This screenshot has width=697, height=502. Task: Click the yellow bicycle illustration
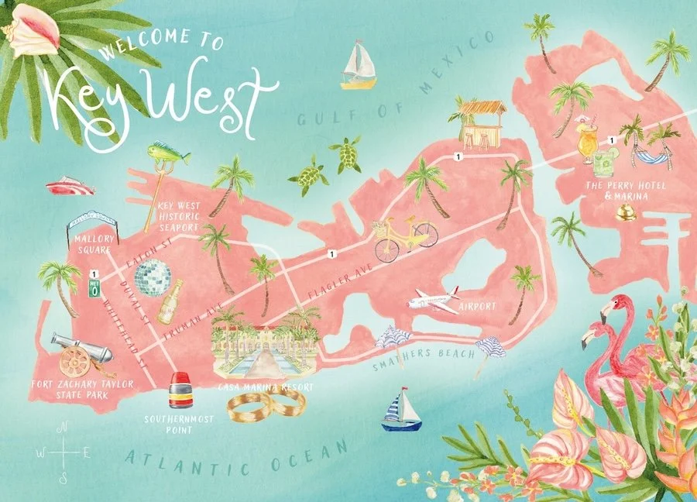[x=406, y=236]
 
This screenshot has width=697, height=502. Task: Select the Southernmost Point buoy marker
[x=180, y=391]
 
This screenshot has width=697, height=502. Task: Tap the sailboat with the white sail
[x=359, y=65]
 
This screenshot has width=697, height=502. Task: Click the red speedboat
[x=69, y=187]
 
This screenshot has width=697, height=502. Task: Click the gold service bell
[x=626, y=211]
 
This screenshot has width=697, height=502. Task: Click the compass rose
[x=64, y=452]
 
